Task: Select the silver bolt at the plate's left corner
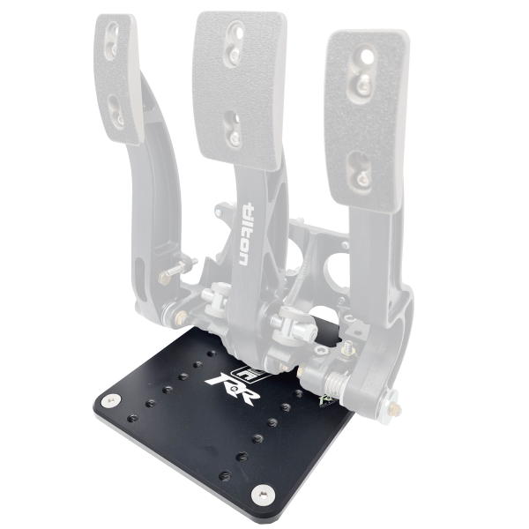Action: point(109,401)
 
